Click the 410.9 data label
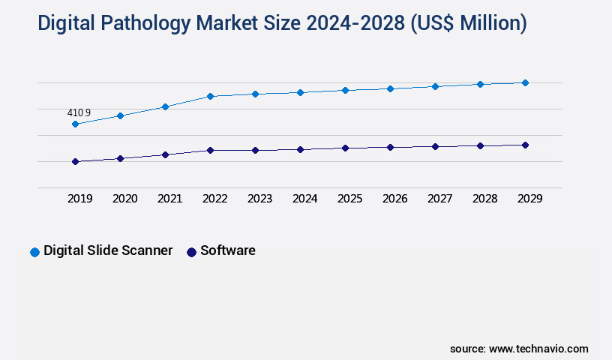[79, 113]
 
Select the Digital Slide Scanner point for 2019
[75, 124]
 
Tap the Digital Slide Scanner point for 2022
[210, 96]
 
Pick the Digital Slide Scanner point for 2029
[525, 82]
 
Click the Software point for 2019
[75, 161]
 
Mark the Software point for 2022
[210, 150]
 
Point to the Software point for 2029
[525, 145]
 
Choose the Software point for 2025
[345, 148]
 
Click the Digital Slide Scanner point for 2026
[390, 88]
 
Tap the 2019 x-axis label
[79, 199]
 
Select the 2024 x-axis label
[304, 199]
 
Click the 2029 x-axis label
[529, 199]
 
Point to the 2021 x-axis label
[169, 199]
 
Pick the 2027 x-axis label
[439, 199]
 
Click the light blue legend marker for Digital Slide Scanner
[34, 252]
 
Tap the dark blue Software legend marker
[191, 252]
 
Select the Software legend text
[228, 250]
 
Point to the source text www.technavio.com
[538, 349]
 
